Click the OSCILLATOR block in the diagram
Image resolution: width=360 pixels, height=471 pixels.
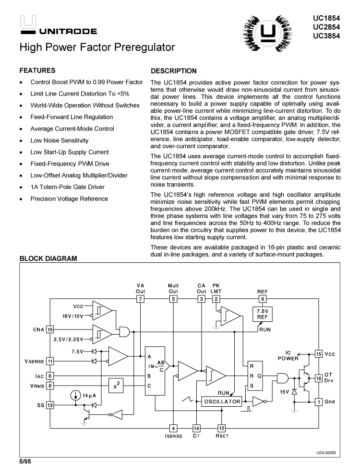[222, 401]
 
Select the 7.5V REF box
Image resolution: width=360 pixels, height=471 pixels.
[262, 314]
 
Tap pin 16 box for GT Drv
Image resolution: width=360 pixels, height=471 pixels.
[318, 378]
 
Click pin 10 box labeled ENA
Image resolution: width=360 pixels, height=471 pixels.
[50, 330]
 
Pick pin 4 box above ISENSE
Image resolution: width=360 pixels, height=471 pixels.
[174, 428]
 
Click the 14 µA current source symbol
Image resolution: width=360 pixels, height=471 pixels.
[75, 396]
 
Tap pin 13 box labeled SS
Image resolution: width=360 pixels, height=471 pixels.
[50, 405]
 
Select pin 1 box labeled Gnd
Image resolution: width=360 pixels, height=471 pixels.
[318, 401]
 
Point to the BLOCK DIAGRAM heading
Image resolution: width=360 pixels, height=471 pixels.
[48, 259]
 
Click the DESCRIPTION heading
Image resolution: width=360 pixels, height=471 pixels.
[174, 71]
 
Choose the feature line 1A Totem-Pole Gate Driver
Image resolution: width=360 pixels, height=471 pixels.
[74, 187]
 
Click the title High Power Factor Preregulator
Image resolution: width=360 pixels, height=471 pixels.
[97, 48]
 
